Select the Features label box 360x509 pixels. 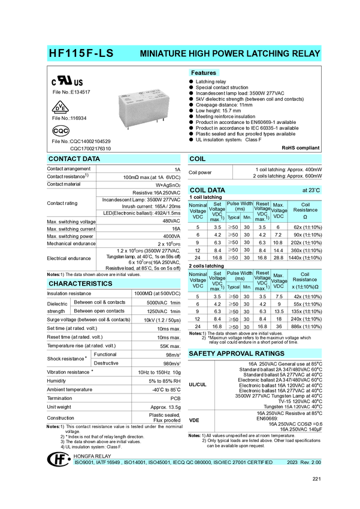203,73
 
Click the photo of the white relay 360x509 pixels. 143,106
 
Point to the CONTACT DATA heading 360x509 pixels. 74,159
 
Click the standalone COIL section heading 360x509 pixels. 197,159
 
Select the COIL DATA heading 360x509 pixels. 207,190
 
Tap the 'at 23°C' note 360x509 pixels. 311,190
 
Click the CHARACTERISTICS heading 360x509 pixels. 80,283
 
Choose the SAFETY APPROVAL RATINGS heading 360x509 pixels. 237,354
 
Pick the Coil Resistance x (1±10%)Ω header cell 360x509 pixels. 305,280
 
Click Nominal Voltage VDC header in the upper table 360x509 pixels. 198,211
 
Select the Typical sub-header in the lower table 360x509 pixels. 233,287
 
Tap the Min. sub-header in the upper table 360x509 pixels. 247,217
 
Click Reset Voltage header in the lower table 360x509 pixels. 262,280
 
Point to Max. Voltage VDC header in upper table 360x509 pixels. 279,211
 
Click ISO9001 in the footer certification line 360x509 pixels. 84,463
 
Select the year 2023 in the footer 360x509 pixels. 292,463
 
